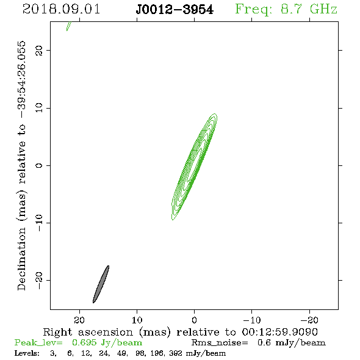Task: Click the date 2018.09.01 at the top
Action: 61,9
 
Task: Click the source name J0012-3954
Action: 175,10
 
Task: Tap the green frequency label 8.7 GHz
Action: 309,9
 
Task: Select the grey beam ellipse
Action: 101,284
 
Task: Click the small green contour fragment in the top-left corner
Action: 69,26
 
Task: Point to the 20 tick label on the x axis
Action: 79,320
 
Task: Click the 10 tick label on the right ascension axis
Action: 137,320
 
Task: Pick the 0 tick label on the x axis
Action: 194,320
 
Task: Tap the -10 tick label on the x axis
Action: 252,320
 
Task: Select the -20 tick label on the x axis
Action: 309,320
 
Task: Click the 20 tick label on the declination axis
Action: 39,50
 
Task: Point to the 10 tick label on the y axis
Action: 39,108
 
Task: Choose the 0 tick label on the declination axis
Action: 39,165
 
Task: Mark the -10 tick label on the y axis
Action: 39,223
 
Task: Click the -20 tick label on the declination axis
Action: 39,280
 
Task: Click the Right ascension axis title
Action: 181,332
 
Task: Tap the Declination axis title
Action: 21,165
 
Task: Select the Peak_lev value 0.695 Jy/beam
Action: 107,343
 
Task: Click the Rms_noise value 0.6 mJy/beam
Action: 291,343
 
